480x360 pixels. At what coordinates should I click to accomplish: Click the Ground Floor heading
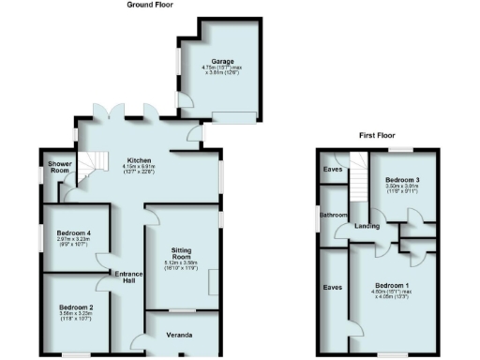[x=149, y=5]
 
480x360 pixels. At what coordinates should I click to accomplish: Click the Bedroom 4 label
[x=73, y=232]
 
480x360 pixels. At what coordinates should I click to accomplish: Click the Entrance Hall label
[x=127, y=277]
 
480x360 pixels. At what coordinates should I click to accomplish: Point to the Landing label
[x=367, y=225]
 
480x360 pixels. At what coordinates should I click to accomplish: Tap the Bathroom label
[x=333, y=215]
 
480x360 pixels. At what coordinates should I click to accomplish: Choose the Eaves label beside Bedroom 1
[x=332, y=288]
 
